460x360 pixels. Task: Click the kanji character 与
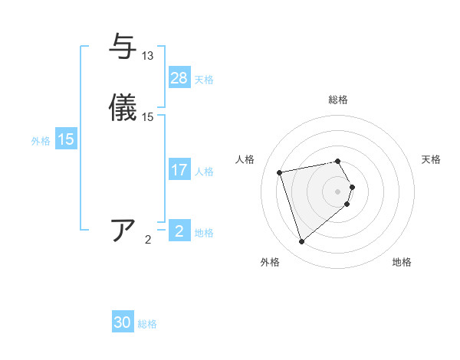(123, 47)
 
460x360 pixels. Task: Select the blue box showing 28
(179, 78)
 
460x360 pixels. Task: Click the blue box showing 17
(179, 170)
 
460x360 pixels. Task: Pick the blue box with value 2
(179, 231)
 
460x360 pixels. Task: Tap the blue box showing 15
(66, 140)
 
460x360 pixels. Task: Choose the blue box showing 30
(123, 323)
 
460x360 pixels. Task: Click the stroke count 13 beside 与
(147, 56)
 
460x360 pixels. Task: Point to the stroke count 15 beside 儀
(148, 117)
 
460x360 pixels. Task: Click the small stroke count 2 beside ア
(148, 240)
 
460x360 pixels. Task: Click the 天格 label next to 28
(204, 80)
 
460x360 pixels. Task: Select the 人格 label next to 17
(204, 172)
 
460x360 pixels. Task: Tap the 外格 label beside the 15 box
(41, 141)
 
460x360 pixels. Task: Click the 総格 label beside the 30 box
(147, 325)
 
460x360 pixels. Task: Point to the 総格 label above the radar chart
(338, 100)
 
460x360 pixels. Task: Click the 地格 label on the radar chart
(402, 262)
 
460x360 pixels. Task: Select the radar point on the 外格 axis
(301, 242)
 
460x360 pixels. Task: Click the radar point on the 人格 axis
(280, 172)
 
